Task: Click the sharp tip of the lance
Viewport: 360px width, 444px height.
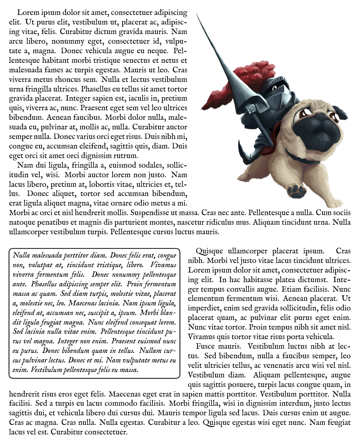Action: [x=196, y=15]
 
